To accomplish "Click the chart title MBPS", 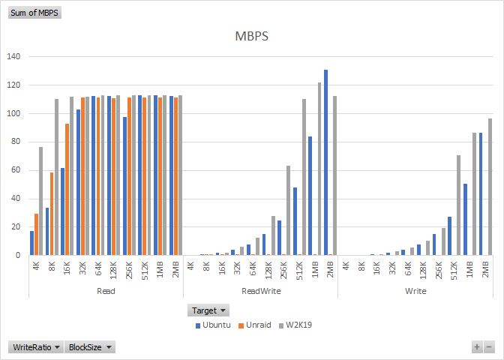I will [x=252, y=36].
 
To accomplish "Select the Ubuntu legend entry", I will [x=216, y=325].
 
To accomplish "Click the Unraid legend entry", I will [x=254, y=325].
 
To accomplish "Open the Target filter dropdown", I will [x=208, y=310].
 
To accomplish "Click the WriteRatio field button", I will [x=35, y=347].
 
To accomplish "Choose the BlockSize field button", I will [x=89, y=347].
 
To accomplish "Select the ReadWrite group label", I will [x=261, y=289].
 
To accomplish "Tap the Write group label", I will [x=415, y=289].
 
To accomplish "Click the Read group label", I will [x=106, y=289].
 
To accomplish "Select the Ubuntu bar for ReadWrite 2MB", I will [x=325, y=162].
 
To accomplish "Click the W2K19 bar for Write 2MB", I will [x=490, y=187].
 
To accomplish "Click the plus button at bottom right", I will [x=476, y=347].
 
